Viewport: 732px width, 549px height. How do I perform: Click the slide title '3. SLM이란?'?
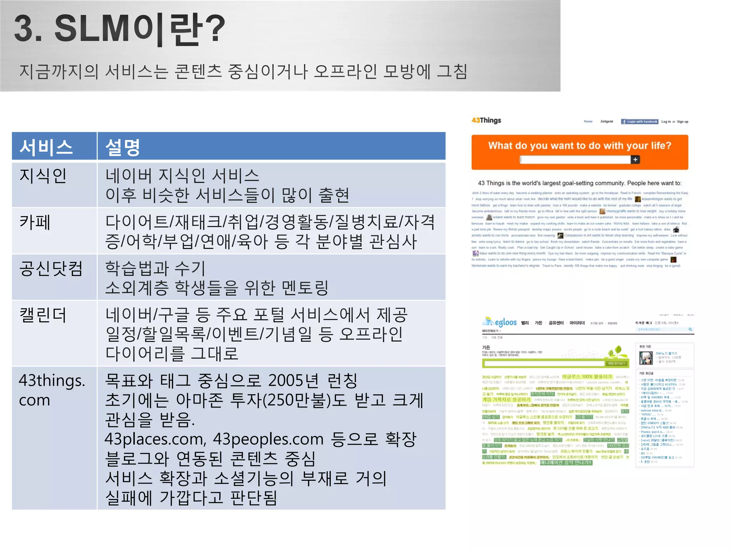120,29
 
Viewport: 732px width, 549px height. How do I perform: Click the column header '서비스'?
46,147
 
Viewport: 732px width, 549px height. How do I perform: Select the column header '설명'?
123,147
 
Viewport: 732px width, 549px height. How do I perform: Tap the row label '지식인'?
43,175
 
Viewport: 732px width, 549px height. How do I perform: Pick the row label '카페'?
35,222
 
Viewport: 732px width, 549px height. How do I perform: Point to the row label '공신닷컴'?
51,268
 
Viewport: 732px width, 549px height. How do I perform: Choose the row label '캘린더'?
43,315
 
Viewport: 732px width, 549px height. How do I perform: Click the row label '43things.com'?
52,390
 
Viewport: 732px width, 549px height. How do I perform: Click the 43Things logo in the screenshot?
486,120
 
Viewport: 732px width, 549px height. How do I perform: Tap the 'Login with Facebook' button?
640,122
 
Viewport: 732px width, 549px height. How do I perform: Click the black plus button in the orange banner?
635,160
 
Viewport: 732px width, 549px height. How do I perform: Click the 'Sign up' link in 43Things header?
682,122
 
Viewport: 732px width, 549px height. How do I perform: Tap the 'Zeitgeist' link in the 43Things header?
607,122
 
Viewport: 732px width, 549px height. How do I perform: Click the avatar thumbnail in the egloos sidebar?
646,358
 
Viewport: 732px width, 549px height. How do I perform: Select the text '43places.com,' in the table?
155,439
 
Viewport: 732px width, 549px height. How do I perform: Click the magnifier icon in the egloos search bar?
690,330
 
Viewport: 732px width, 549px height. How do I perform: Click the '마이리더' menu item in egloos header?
577,323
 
